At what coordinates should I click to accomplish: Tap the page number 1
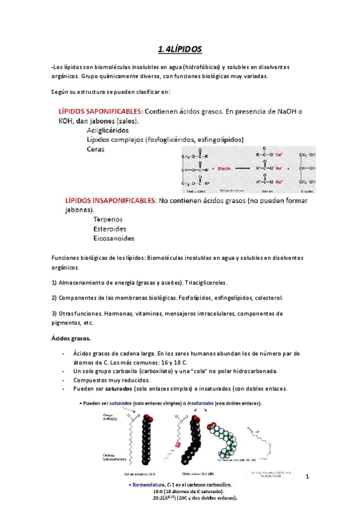coord(307,477)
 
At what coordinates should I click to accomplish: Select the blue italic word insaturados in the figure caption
coord(199,402)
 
